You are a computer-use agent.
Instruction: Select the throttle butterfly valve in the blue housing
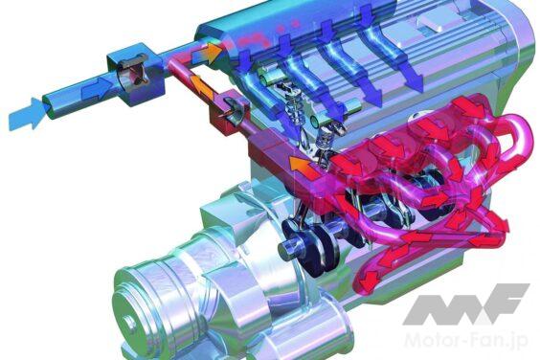point(134,74)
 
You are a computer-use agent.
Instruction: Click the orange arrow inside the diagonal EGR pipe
point(202,86)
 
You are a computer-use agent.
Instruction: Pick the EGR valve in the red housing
point(234,109)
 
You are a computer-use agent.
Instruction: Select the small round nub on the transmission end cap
point(130,323)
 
